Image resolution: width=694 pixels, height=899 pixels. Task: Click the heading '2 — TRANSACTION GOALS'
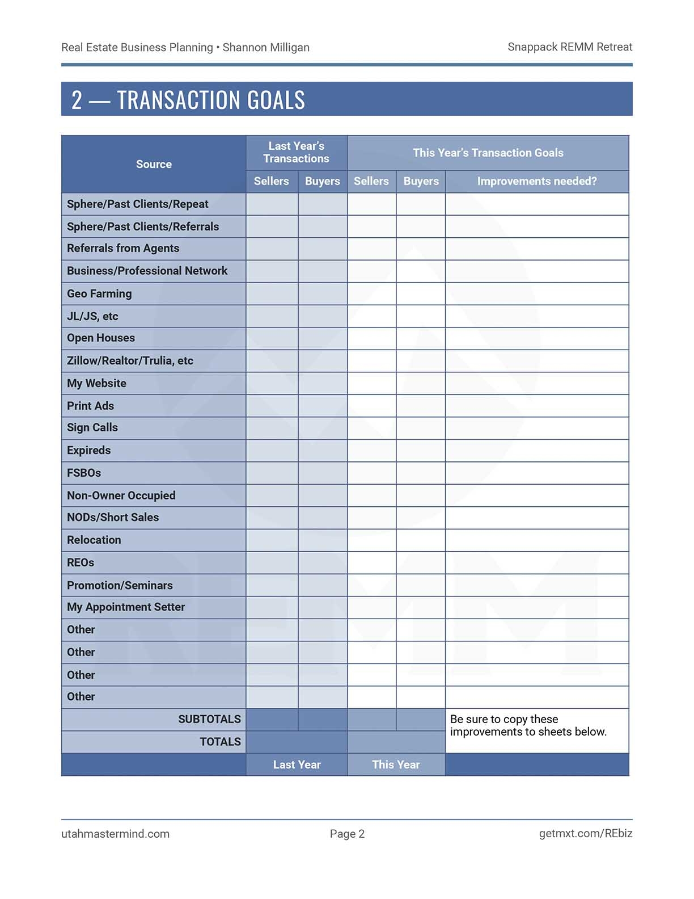[188, 100]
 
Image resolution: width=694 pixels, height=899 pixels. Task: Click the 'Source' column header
[154, 164]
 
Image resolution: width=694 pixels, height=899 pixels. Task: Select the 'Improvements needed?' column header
[536, 181]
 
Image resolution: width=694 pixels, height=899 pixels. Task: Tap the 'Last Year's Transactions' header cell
[296, 152]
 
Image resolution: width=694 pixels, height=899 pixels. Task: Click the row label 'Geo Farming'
[99, 293]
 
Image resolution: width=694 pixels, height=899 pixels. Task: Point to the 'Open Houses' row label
[101, 338]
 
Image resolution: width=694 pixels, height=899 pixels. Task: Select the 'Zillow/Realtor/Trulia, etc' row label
[130, 360]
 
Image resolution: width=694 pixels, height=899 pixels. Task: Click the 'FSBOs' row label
[84, 473]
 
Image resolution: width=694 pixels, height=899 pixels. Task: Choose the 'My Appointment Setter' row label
[126, 607]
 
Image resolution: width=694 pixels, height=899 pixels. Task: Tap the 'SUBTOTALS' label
[209, 719]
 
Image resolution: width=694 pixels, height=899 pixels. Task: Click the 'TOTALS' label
[220, 742]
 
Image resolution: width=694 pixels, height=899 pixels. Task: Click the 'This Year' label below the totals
[396, 764]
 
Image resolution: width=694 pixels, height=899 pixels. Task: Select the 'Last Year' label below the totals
[297, 764]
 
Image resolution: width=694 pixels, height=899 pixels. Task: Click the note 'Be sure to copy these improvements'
[528, 725]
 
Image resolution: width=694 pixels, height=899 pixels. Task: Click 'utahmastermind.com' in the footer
[115, 834]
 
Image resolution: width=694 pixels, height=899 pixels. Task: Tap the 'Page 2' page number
[347, 834]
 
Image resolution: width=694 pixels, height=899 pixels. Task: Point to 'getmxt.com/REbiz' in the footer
[585, 833]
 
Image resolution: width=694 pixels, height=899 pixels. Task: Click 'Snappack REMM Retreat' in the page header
[570, 47]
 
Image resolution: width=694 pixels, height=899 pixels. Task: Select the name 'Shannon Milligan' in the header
[266, 48]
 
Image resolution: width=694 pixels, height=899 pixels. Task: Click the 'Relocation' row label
[94, 540]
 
